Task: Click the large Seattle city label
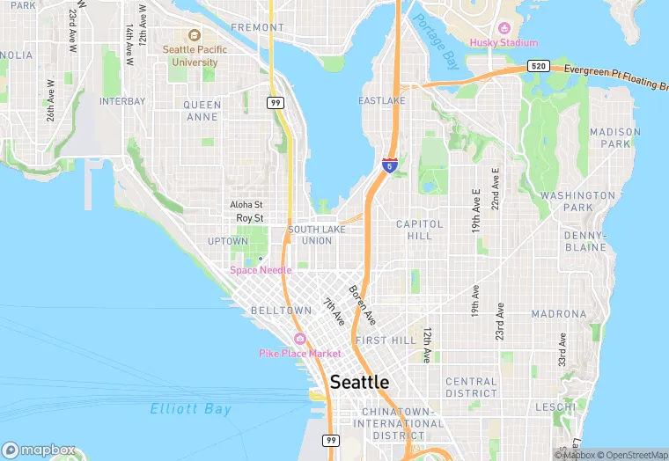(x=359, y=383)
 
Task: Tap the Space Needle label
(x=261, y=270)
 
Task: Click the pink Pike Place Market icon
(x=299, y=340)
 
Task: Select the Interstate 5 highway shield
(x=390, y=164)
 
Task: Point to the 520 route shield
(x=539, y=66)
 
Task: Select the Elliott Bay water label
(x=190, y=409)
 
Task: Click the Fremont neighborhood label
(x=257, y=27)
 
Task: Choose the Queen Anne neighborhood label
(x=202, y=110)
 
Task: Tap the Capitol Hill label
(x=420, y=230)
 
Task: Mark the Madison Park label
(x=615, y=137)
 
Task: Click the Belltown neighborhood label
(x=281, y=311)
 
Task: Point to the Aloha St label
(x=246, y=204)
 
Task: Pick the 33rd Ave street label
(x=561, y=349)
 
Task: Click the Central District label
(x=471, y=387)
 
